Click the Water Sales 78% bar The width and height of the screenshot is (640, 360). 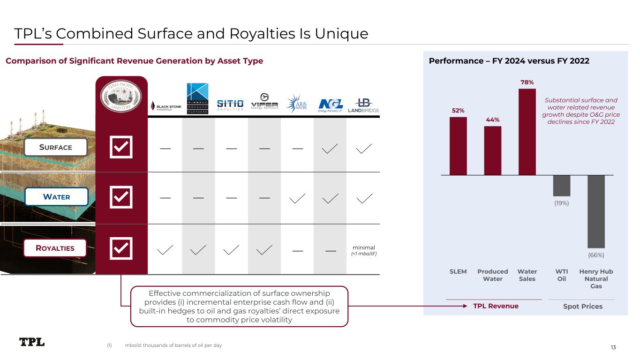pyautogui.click(x=527, y=132)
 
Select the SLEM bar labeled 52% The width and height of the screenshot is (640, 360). pyautogui.click(x=458, y=146)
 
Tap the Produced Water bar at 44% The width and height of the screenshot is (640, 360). pyautogui.click(x=493, y=150)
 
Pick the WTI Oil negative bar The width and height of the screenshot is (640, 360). pyautogui.click(x=562, y=185)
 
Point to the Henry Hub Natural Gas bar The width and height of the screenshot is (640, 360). pyautogui.click(x=596, y=211)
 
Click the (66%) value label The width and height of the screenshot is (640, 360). pyautogui.click(x=596, y=255)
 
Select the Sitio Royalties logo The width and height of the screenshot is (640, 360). pyautogui.click(x=230, y=105)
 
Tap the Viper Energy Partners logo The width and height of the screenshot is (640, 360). pyautogui.click(x=264, y=105)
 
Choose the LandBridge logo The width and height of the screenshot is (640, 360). pyautogui.click(x=363, y=105)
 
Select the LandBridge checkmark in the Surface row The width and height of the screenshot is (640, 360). pyautogui.click(x=363, y=148)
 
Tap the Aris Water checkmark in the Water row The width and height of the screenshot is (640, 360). pyautogui.click(x=298, y=198)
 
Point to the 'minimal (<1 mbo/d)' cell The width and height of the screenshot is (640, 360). pyautogui.click(x=363, y=250)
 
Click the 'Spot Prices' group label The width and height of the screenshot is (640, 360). pyautogui.click(x=582, y=306)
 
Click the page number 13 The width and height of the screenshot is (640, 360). pyautogui.click(x=613, y=347)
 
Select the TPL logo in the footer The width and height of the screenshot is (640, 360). pyautogui.click(x=32, y=342)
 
